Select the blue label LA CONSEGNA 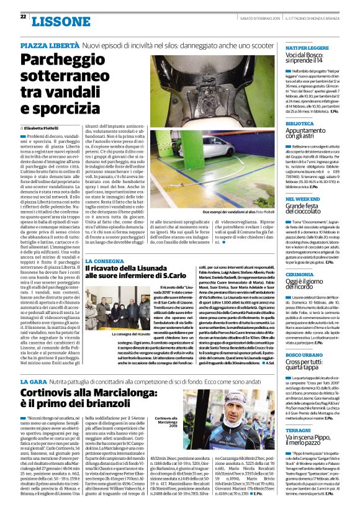point(106,261)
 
